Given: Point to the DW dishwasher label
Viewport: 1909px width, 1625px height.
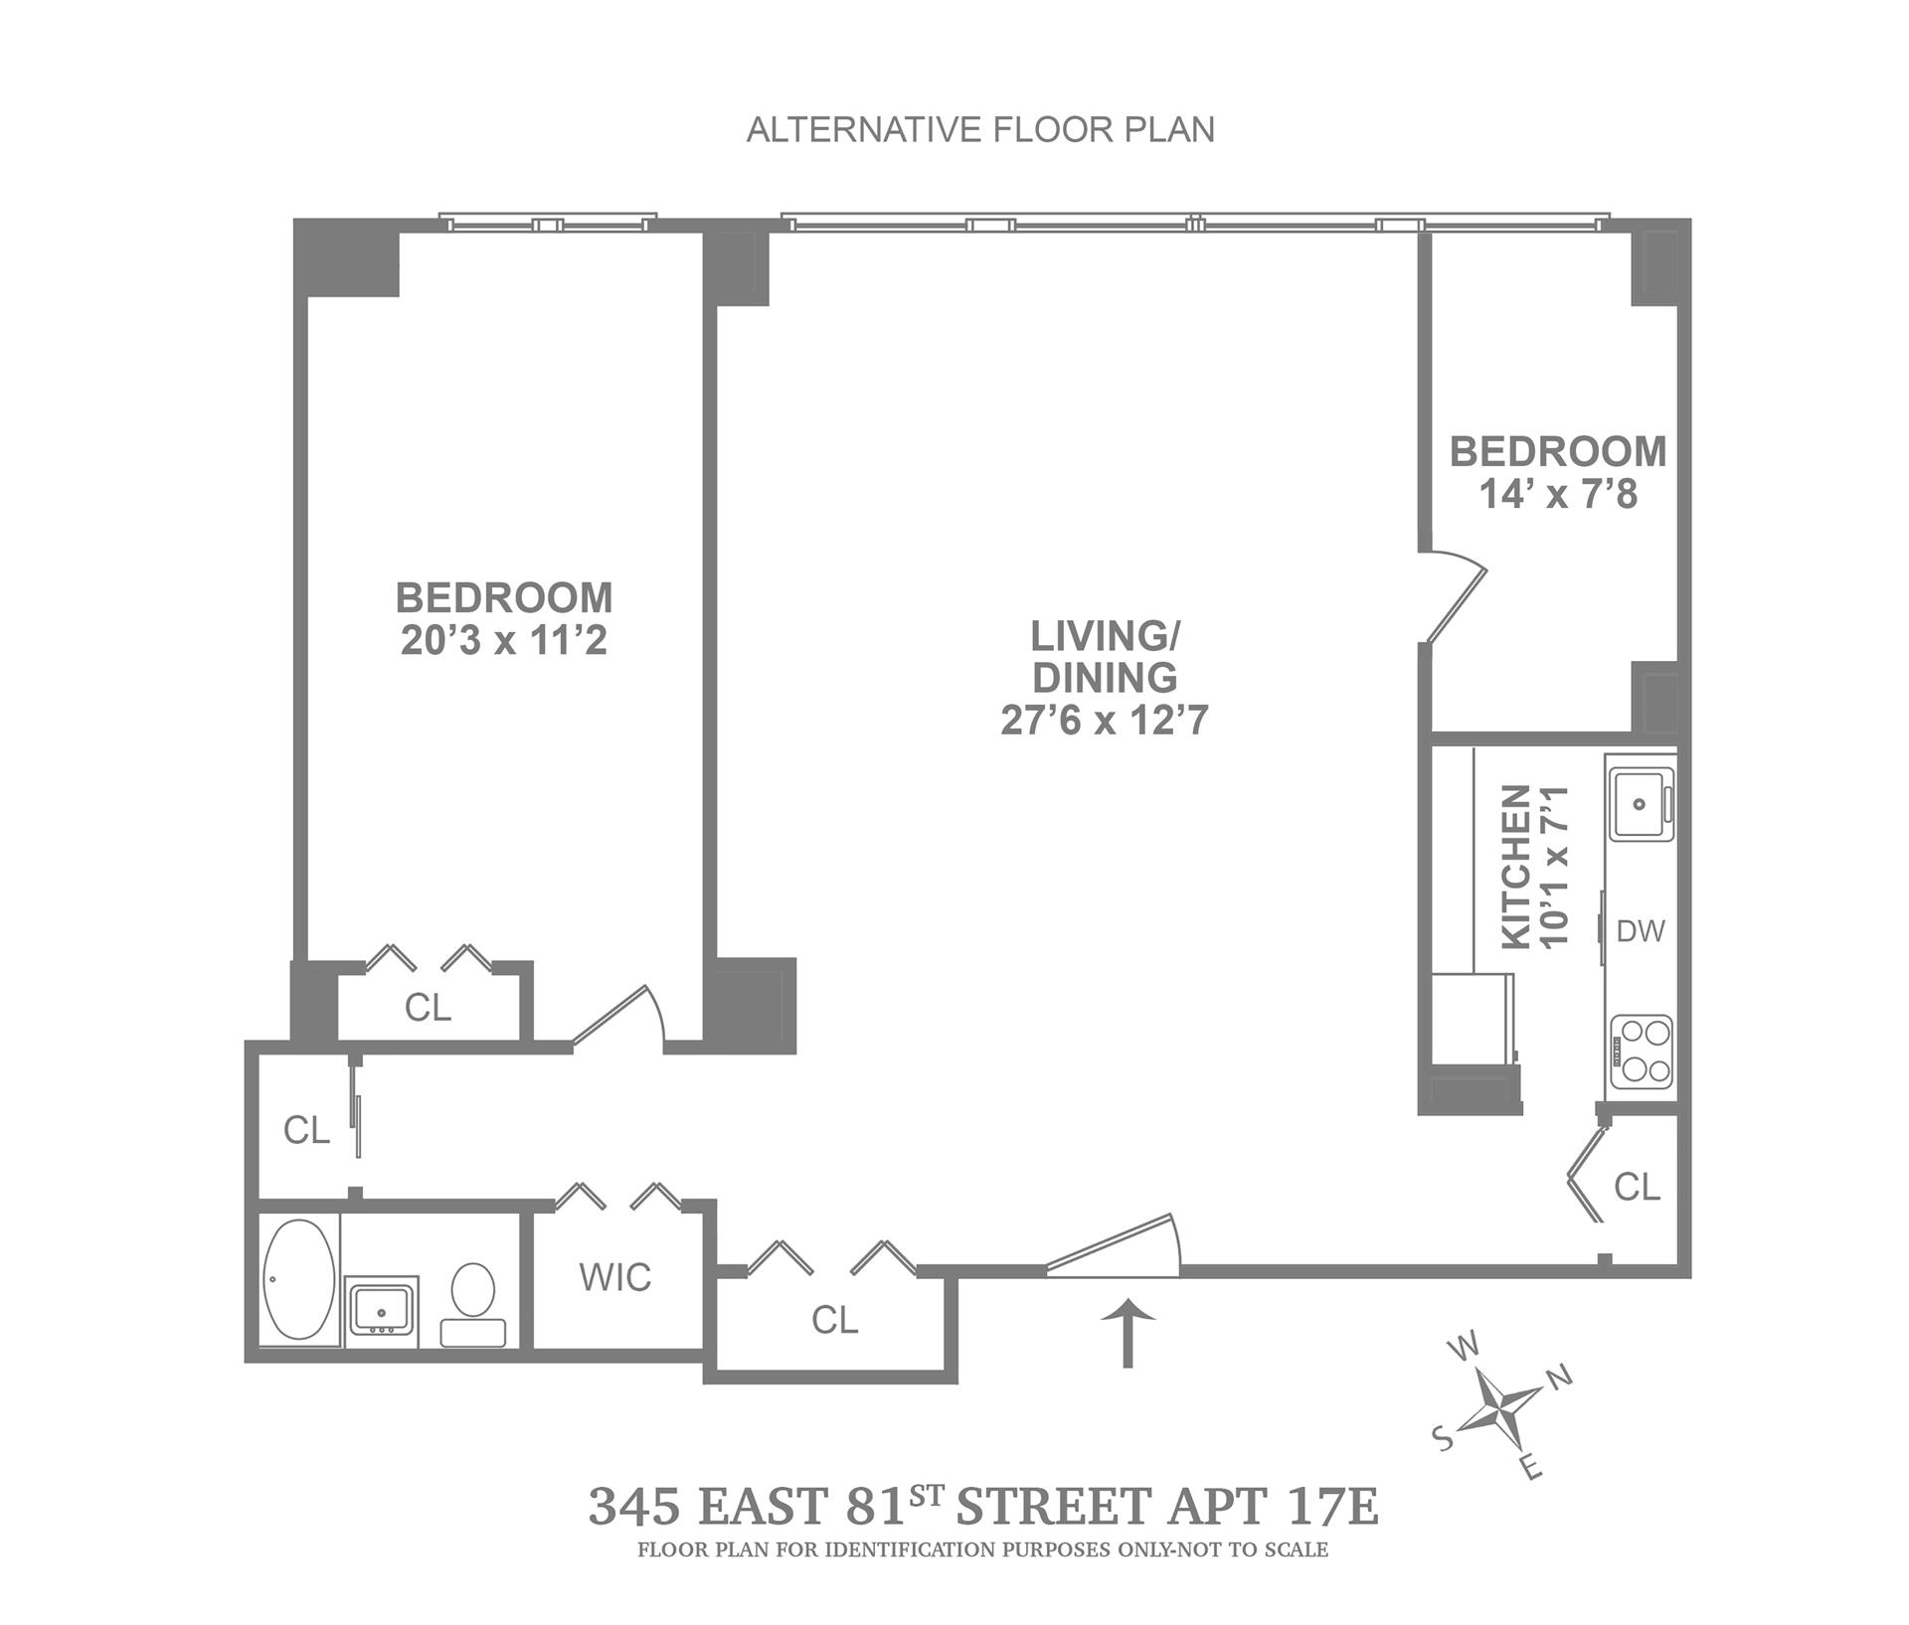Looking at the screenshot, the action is click(x=1641, y=931).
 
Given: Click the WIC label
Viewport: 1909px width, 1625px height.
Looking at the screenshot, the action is click(x=615, y=1277).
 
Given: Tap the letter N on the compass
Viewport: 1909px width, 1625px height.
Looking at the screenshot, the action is click(x=1559, y=1377).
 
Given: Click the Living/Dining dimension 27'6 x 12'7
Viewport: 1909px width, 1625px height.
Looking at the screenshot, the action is click(x=1104, y=720).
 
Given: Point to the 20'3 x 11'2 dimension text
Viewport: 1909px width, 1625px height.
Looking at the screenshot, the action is click(x=504, y=641).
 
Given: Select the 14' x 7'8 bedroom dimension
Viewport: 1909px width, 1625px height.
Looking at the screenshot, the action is click(x=1558, y=494).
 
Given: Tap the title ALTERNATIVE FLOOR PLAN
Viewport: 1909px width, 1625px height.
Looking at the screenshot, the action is click(x=980, y=130).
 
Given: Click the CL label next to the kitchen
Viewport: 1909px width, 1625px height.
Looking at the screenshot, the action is click(x=1637, y=1186).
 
